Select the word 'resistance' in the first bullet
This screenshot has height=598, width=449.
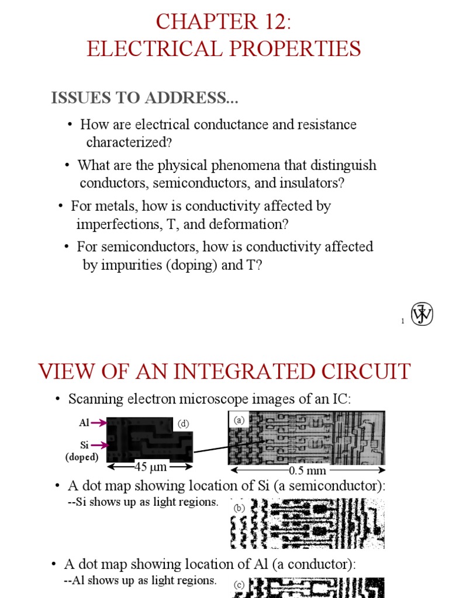[327, 124]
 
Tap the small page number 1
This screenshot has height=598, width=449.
[403, 321]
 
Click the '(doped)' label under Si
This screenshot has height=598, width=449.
[81, 457]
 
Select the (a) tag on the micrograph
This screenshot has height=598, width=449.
[239, 419]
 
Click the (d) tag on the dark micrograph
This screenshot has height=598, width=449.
[184, 424]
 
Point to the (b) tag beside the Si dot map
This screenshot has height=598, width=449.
[239, 507]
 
